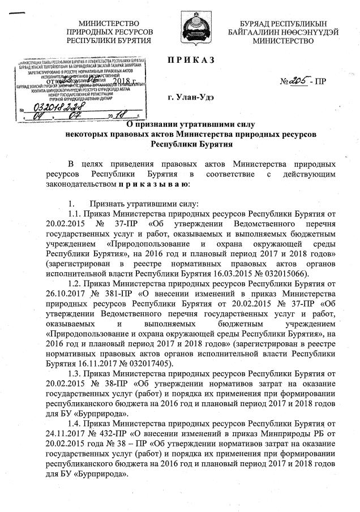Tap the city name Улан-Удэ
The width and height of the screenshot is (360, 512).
[192, 98]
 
